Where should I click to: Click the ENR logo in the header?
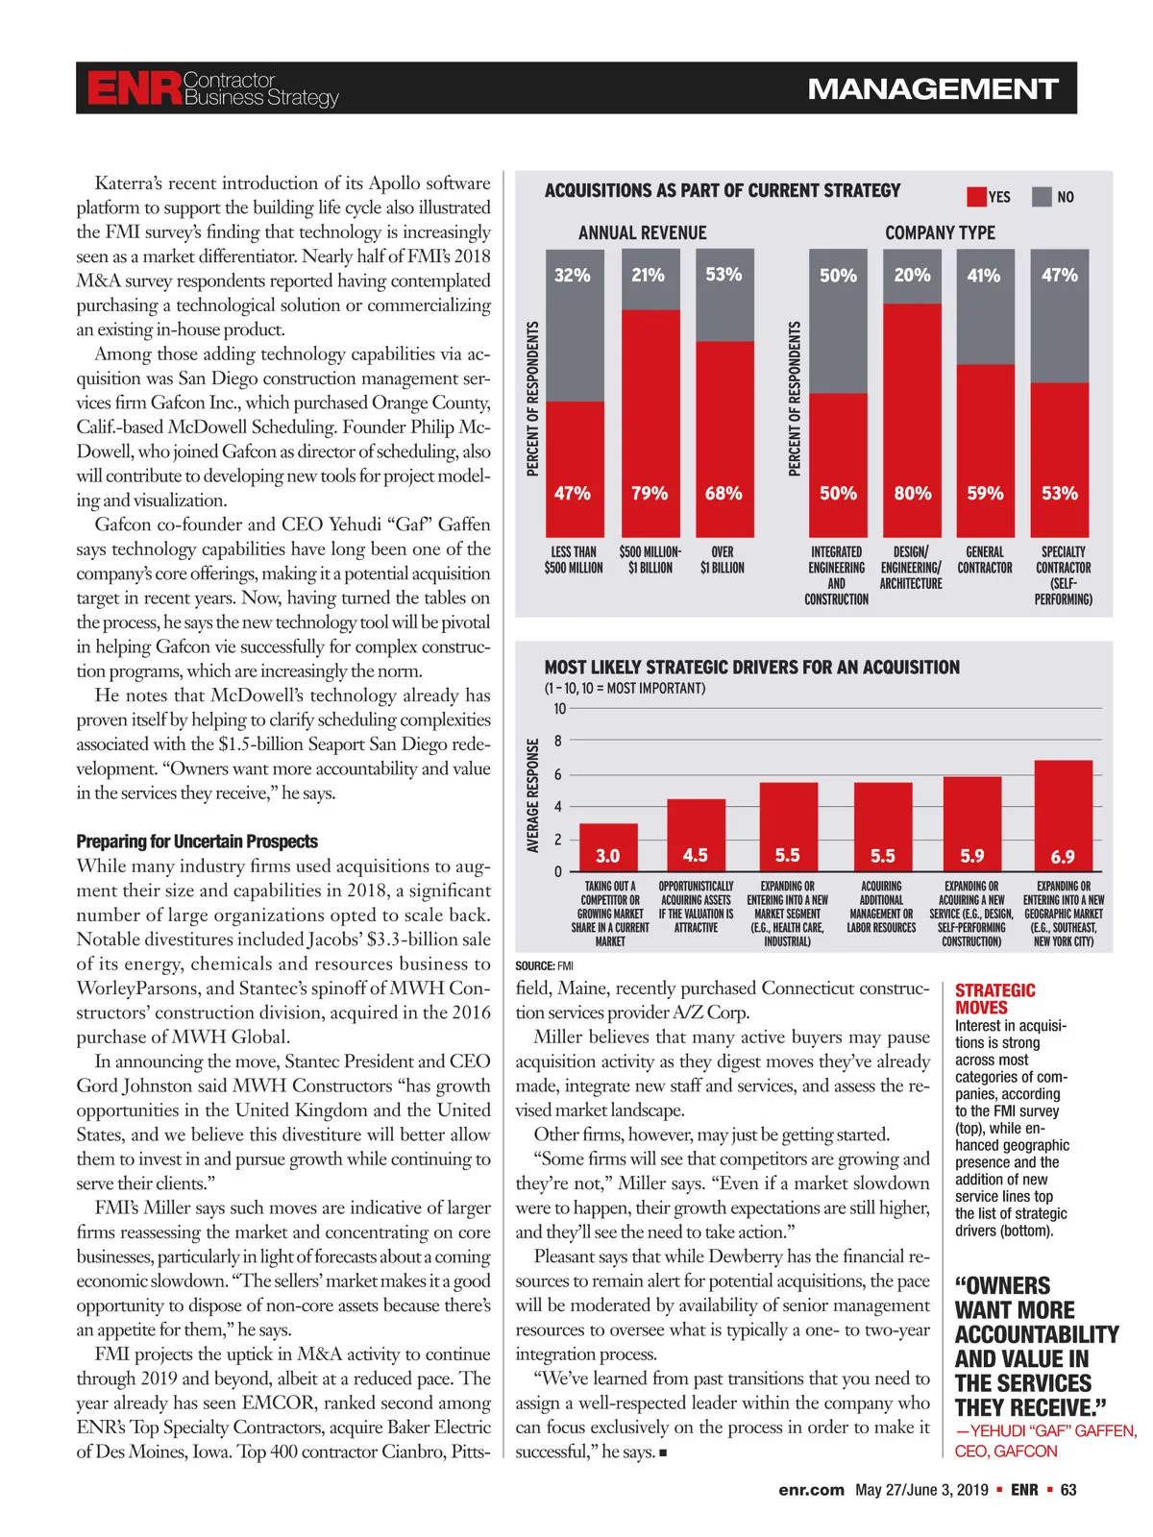coord(134,88)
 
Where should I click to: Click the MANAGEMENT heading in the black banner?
coord(932,89)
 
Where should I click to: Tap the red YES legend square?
coord(976,197)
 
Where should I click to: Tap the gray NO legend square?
coord(1042,197)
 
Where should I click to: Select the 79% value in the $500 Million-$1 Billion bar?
coord(650,493)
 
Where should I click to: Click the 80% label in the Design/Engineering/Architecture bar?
coord(912,493)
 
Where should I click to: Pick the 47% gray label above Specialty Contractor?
coord(1059,275)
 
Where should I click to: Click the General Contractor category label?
coord(985,560)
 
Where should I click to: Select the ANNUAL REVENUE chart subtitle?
coord(642,232)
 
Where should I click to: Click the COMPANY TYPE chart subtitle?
coord(940,232)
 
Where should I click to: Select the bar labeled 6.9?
coord(1063,817)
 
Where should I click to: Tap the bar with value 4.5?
coord(696,836)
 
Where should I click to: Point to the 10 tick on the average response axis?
coord(559,709)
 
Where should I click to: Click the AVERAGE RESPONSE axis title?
coord(532,794)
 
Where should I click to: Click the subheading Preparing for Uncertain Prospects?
coord(197,842)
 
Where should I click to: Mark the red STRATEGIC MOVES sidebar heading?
coord(994,999)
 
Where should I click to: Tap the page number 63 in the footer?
coord(1068,1490)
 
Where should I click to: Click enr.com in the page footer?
coord(811,1490)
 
